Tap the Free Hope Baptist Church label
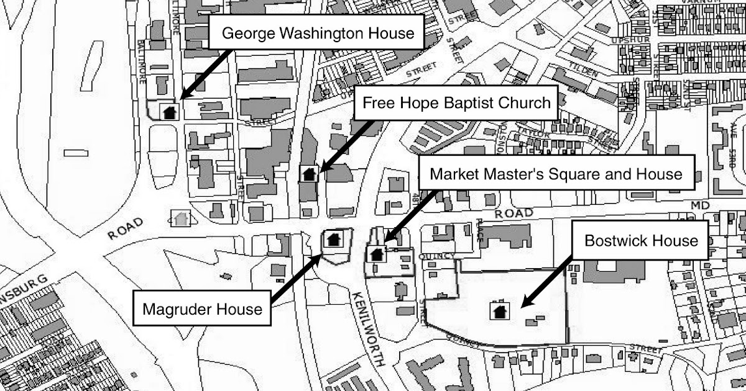tap(457, 103)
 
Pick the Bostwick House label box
tap(642, 240)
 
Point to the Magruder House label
tap(203, 308)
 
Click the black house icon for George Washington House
tap(169, 112)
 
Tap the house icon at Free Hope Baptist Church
tap(308, 174)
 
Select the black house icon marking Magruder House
tap(333, 239)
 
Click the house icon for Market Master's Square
tap(375, 253)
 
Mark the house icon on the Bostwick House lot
tap(499, 310)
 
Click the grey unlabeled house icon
tap(181, 218)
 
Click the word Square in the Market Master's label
tap(564, 174)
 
